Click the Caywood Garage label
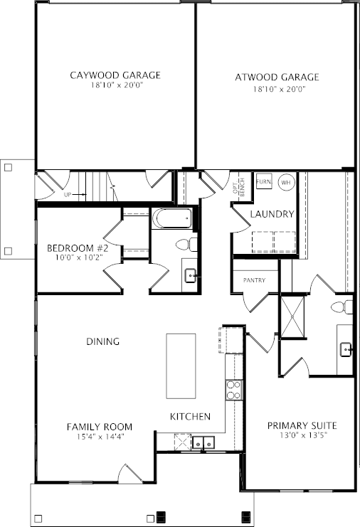point(115,75)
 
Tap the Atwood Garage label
point(277,78)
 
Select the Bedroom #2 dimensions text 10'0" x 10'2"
point(79,257)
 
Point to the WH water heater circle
point(287,183)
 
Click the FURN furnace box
point(264,181)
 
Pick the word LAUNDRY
point(272,214)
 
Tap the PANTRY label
point(255,280)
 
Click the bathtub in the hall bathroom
point(172,218)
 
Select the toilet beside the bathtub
point(186,245)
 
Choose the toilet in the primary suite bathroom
point(342,307)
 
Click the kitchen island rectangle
point(181,366)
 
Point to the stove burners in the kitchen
point(233,390)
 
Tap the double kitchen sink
point(203,442)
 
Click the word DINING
point(103,341)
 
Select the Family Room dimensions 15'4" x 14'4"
point(100,437)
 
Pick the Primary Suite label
point(302,425)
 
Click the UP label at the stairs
point(68,195)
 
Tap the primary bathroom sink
point(346,349)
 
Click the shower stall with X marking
point(292,317)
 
